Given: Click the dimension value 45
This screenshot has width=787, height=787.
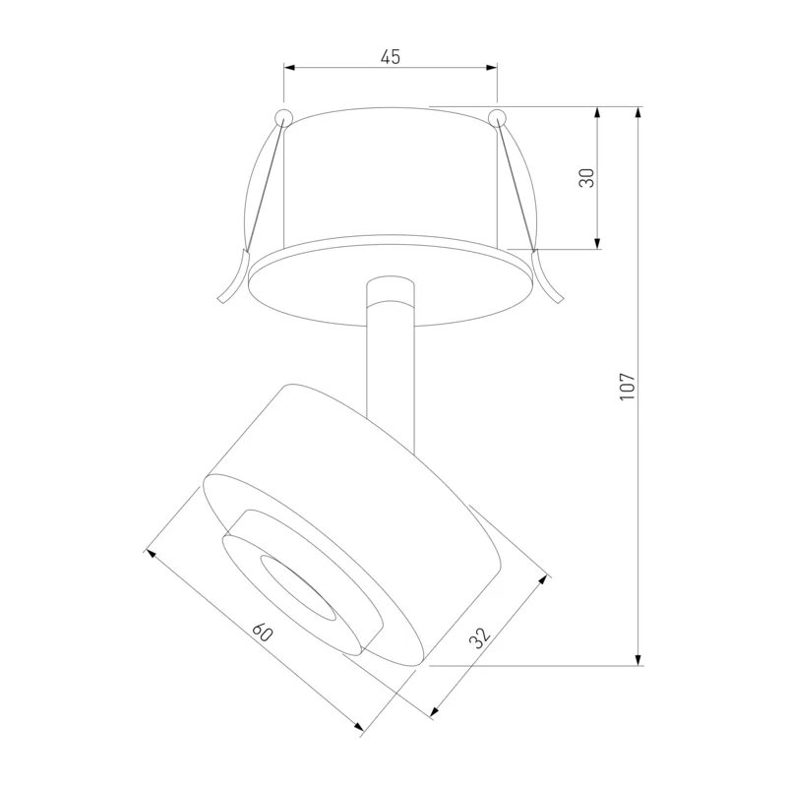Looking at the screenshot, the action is coord(391,57).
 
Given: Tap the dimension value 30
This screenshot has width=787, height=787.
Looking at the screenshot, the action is coord(586,178).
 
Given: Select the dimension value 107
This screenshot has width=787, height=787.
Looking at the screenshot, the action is coord(628,386).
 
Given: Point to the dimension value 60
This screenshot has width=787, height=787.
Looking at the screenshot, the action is coord(262,633).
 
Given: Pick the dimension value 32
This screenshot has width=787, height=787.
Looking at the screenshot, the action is coord(479,637).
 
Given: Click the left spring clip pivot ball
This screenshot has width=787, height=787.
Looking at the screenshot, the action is coord(283,117).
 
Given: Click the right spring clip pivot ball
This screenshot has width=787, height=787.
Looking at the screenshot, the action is coord(498,117).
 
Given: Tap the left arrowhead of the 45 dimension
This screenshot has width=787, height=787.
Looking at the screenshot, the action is coord(290,67).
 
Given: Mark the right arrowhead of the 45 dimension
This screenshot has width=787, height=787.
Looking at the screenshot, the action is coord(491,67).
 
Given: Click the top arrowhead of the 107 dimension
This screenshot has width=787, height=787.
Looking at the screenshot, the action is coord(638,113).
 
